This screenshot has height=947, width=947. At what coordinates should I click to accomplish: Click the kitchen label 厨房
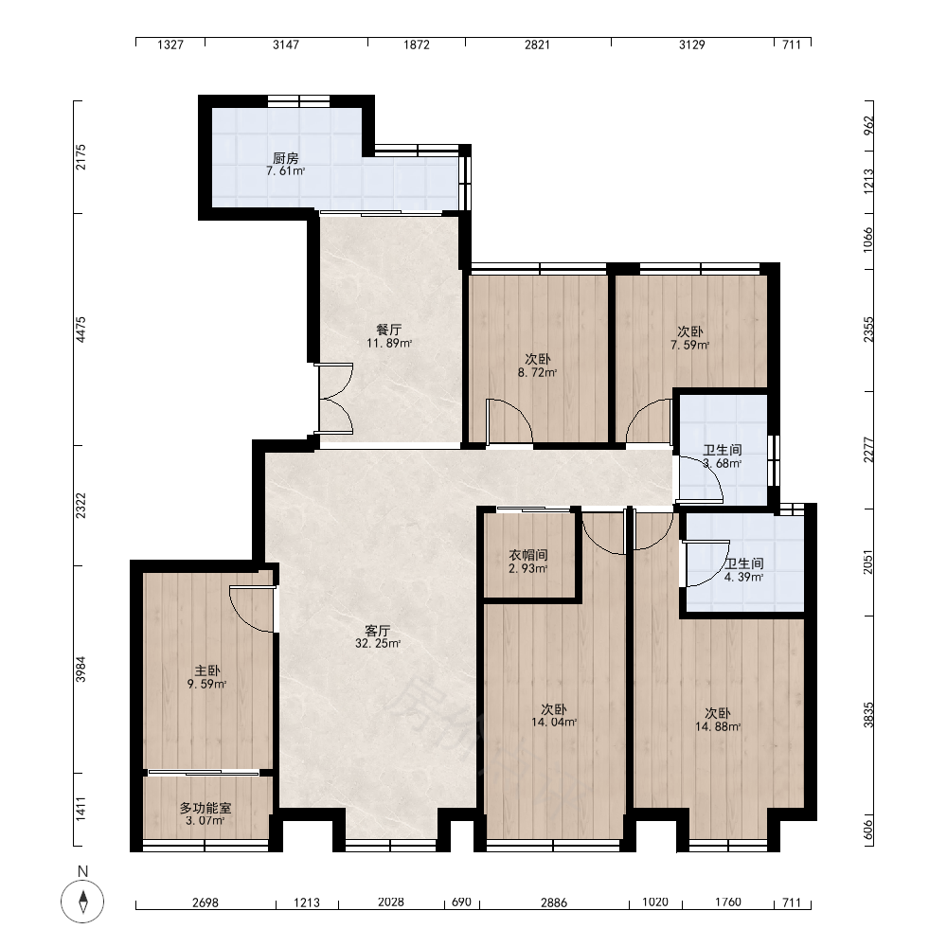tap(286, 158)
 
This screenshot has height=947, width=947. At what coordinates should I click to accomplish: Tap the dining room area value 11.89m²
tap(389, 343)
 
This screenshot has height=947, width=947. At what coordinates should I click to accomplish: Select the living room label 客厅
tap(378, 631)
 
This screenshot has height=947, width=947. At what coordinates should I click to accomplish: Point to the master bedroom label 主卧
tap(206, 671)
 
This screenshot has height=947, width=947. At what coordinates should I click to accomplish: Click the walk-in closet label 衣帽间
tap(528, 555)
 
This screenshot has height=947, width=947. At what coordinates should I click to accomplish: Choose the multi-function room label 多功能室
tap(205, 808)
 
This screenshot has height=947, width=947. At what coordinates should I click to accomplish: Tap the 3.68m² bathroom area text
tap(723, 464)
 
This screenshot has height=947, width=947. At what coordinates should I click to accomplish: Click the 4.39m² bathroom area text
tap(744, 577)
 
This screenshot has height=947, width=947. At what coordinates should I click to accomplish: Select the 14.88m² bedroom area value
tap(718, 726)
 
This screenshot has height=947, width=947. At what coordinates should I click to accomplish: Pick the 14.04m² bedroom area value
tap(554, 722)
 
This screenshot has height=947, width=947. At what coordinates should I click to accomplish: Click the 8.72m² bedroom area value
tap(538, 372)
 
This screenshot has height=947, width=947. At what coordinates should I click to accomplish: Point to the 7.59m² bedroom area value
tap(689, 345)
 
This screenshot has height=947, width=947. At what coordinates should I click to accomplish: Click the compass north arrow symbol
tap(82, 902)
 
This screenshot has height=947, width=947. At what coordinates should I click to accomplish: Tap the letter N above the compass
tap(82, 871)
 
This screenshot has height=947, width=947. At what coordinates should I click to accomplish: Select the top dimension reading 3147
tap(286, 45)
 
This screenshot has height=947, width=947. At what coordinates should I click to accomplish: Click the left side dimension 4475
tap(80, 330)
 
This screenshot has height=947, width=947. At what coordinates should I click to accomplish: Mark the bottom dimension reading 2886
tap(554, 902)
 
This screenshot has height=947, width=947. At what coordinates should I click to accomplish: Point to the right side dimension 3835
tap(867, 714)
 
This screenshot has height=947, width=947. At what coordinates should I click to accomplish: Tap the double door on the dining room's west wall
tap(335, 399)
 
